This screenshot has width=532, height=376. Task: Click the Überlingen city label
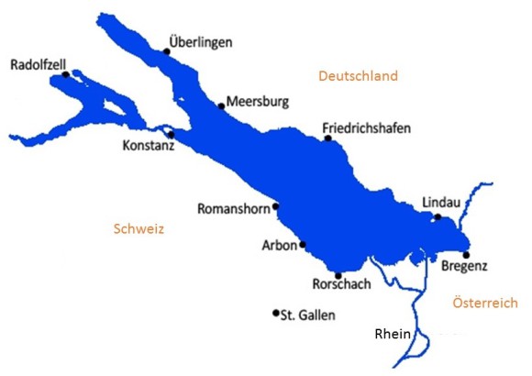(x=202, y=41)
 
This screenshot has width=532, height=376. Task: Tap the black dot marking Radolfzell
(x=65, y=75)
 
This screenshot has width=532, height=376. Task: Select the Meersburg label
(x=258, y=102)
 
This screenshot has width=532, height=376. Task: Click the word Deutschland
(x=358, y=76)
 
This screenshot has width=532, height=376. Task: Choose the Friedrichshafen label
(x=367, y=127)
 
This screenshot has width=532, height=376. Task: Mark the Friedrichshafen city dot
(x=327, y=138)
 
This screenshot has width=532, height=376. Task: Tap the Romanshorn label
(x=234, y=209)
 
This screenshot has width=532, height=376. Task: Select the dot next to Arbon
(x=302, y=244)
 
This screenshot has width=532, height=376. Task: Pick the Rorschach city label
(x=341, y=284)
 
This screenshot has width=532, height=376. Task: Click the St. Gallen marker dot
(x=275, y=314)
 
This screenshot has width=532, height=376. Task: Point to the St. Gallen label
(x=309, y=315)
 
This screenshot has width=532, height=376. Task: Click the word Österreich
(x=485, y=303)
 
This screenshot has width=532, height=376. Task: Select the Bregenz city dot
(x=466, y=255)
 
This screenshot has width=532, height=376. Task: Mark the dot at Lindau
(x=438, y=217)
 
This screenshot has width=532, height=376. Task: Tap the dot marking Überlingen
(x=167, y=51)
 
